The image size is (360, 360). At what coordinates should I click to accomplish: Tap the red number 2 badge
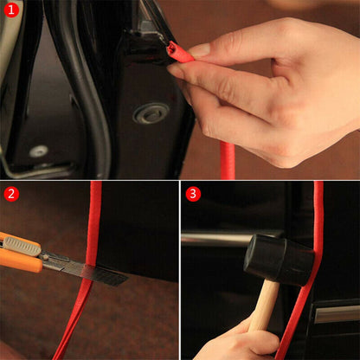click(12, 193)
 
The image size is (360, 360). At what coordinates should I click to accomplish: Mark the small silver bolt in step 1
click(38, 151)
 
